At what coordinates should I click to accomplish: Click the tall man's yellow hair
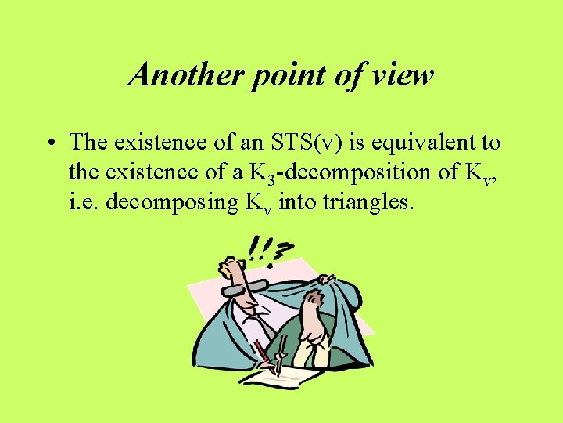tap(229, 261)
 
